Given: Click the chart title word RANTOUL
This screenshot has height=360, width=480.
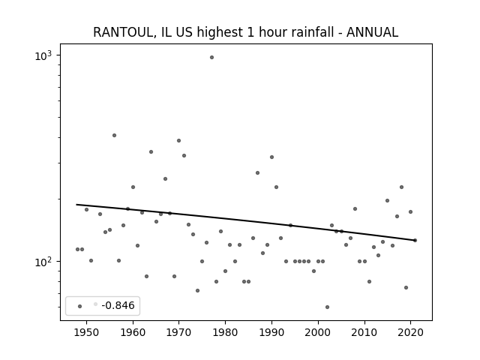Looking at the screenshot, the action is point(123,32).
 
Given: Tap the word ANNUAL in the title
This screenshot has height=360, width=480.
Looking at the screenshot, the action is point(372,32).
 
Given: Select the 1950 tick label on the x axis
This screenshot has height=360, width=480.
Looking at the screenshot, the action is point(86,332).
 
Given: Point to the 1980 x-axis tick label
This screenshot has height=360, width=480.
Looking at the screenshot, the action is point(225,332).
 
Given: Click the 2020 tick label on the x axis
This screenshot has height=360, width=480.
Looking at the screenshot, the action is point(410,332).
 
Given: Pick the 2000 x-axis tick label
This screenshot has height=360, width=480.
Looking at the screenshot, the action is point(318,332).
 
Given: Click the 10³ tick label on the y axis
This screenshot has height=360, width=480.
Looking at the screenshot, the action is point(43,56).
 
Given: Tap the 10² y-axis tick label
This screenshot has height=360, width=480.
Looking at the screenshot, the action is point(43,262).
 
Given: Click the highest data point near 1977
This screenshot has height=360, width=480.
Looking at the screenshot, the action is point(211,57).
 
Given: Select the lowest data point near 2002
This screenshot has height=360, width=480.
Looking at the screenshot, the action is point(327,307).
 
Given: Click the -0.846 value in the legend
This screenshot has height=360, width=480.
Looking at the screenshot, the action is point(118,305).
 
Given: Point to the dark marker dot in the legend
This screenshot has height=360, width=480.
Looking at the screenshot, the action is point(79,306).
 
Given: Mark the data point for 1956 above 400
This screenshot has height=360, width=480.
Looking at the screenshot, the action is point(114,135).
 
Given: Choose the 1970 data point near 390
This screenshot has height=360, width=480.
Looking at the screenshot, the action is point(178,140).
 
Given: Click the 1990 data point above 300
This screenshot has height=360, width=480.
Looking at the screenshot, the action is point(271,157).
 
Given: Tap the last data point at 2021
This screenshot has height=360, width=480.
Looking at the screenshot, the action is point(415,240).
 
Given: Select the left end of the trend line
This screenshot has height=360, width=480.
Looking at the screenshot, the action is point(76,205).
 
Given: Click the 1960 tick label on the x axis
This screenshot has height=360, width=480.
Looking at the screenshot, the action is point(133,332).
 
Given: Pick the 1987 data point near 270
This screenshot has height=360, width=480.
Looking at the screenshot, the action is point(257,173).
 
